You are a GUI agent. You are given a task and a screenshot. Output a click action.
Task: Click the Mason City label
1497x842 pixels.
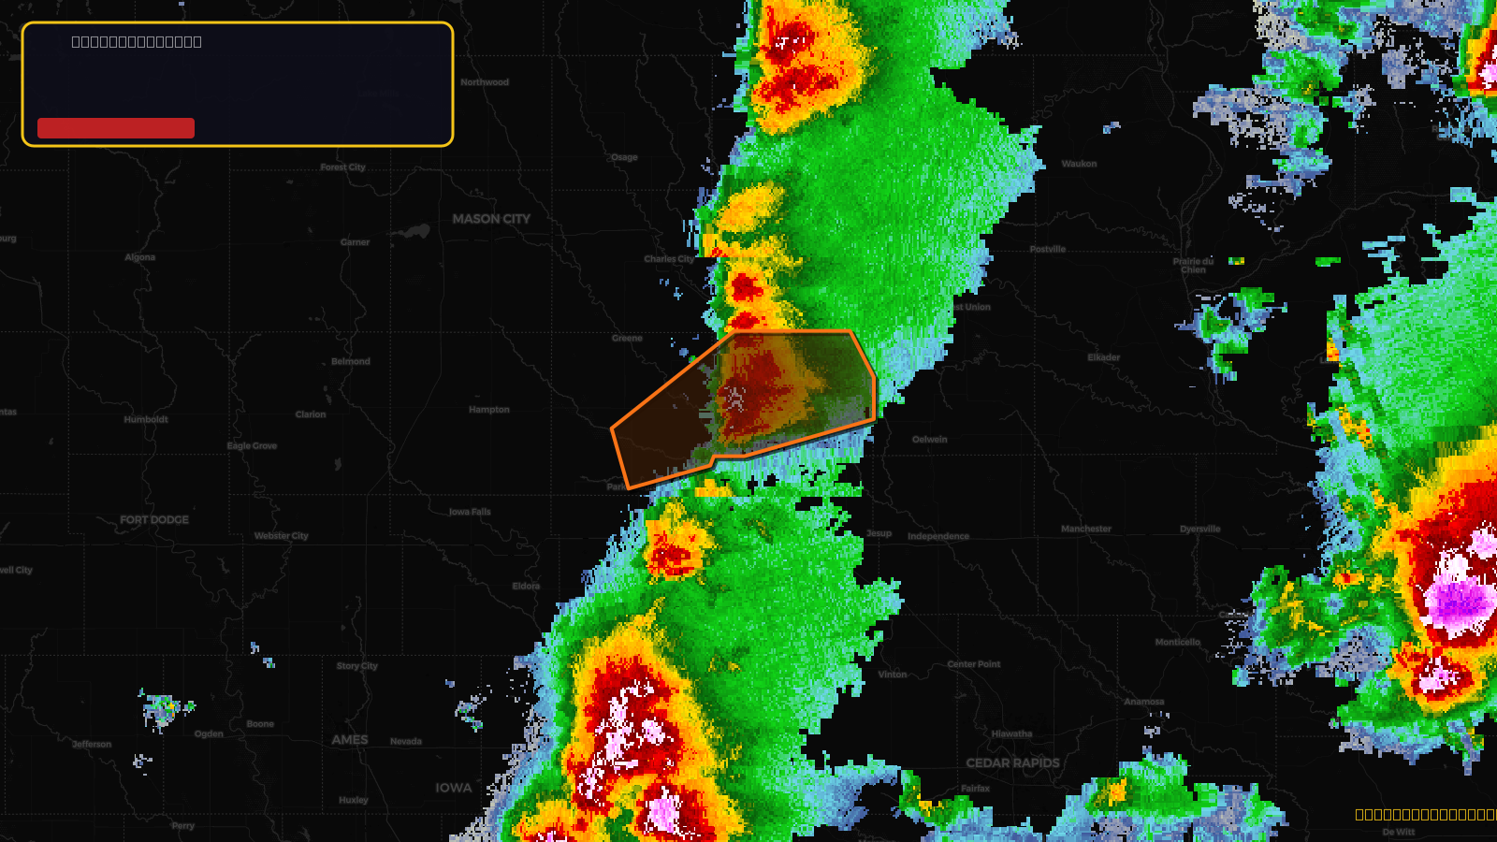491,219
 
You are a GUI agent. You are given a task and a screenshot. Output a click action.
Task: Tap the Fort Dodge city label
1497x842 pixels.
154,520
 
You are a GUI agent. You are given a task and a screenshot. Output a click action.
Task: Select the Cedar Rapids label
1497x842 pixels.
1012,763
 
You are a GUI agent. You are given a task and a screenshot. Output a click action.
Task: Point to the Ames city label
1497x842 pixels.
350,740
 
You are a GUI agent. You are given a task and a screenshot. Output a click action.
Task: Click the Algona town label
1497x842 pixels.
140,257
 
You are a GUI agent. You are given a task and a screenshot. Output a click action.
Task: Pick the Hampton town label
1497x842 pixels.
489,410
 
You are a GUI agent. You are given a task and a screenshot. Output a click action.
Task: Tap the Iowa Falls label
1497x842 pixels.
470,512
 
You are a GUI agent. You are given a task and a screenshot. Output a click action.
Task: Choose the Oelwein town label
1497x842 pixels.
930,440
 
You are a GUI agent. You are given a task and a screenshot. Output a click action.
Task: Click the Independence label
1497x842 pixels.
938,537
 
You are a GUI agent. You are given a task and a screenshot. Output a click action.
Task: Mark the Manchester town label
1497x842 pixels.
1086,530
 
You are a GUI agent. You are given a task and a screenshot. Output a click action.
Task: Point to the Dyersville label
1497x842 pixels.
1200,530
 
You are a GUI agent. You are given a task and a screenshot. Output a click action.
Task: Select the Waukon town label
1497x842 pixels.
1079,164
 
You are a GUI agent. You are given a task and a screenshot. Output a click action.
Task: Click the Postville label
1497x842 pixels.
1048,250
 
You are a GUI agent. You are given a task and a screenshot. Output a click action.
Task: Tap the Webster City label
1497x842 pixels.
282,536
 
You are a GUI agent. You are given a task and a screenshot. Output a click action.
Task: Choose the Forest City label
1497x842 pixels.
343,167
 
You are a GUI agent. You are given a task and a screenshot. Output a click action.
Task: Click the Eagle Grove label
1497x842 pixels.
252,446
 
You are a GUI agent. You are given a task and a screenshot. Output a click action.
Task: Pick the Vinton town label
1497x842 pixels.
893,675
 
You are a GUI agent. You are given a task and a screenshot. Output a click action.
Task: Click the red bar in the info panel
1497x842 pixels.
116,128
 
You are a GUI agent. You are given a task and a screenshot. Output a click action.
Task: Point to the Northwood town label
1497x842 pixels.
485,82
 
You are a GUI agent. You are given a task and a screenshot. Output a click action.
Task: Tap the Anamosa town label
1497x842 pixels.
1144,702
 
